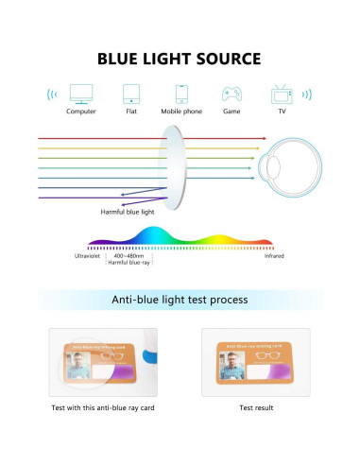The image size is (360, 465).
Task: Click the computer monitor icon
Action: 81,94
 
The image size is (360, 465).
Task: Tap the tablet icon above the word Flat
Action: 130,94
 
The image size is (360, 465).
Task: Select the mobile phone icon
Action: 180,94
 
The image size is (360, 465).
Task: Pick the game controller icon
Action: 231,94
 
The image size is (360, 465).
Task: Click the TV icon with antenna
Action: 281,94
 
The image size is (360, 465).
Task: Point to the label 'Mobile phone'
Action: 180,112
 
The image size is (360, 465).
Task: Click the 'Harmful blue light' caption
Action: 129,212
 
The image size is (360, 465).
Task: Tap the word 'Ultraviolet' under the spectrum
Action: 90,255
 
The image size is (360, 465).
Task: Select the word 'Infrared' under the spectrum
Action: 273,255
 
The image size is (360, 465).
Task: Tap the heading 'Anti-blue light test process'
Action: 180,300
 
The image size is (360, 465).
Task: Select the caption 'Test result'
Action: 256,408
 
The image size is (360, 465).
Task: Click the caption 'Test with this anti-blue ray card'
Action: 102,408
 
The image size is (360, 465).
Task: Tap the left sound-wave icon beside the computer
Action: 50,95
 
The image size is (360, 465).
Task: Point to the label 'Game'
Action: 231,112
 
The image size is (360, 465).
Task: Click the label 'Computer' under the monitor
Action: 81,112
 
